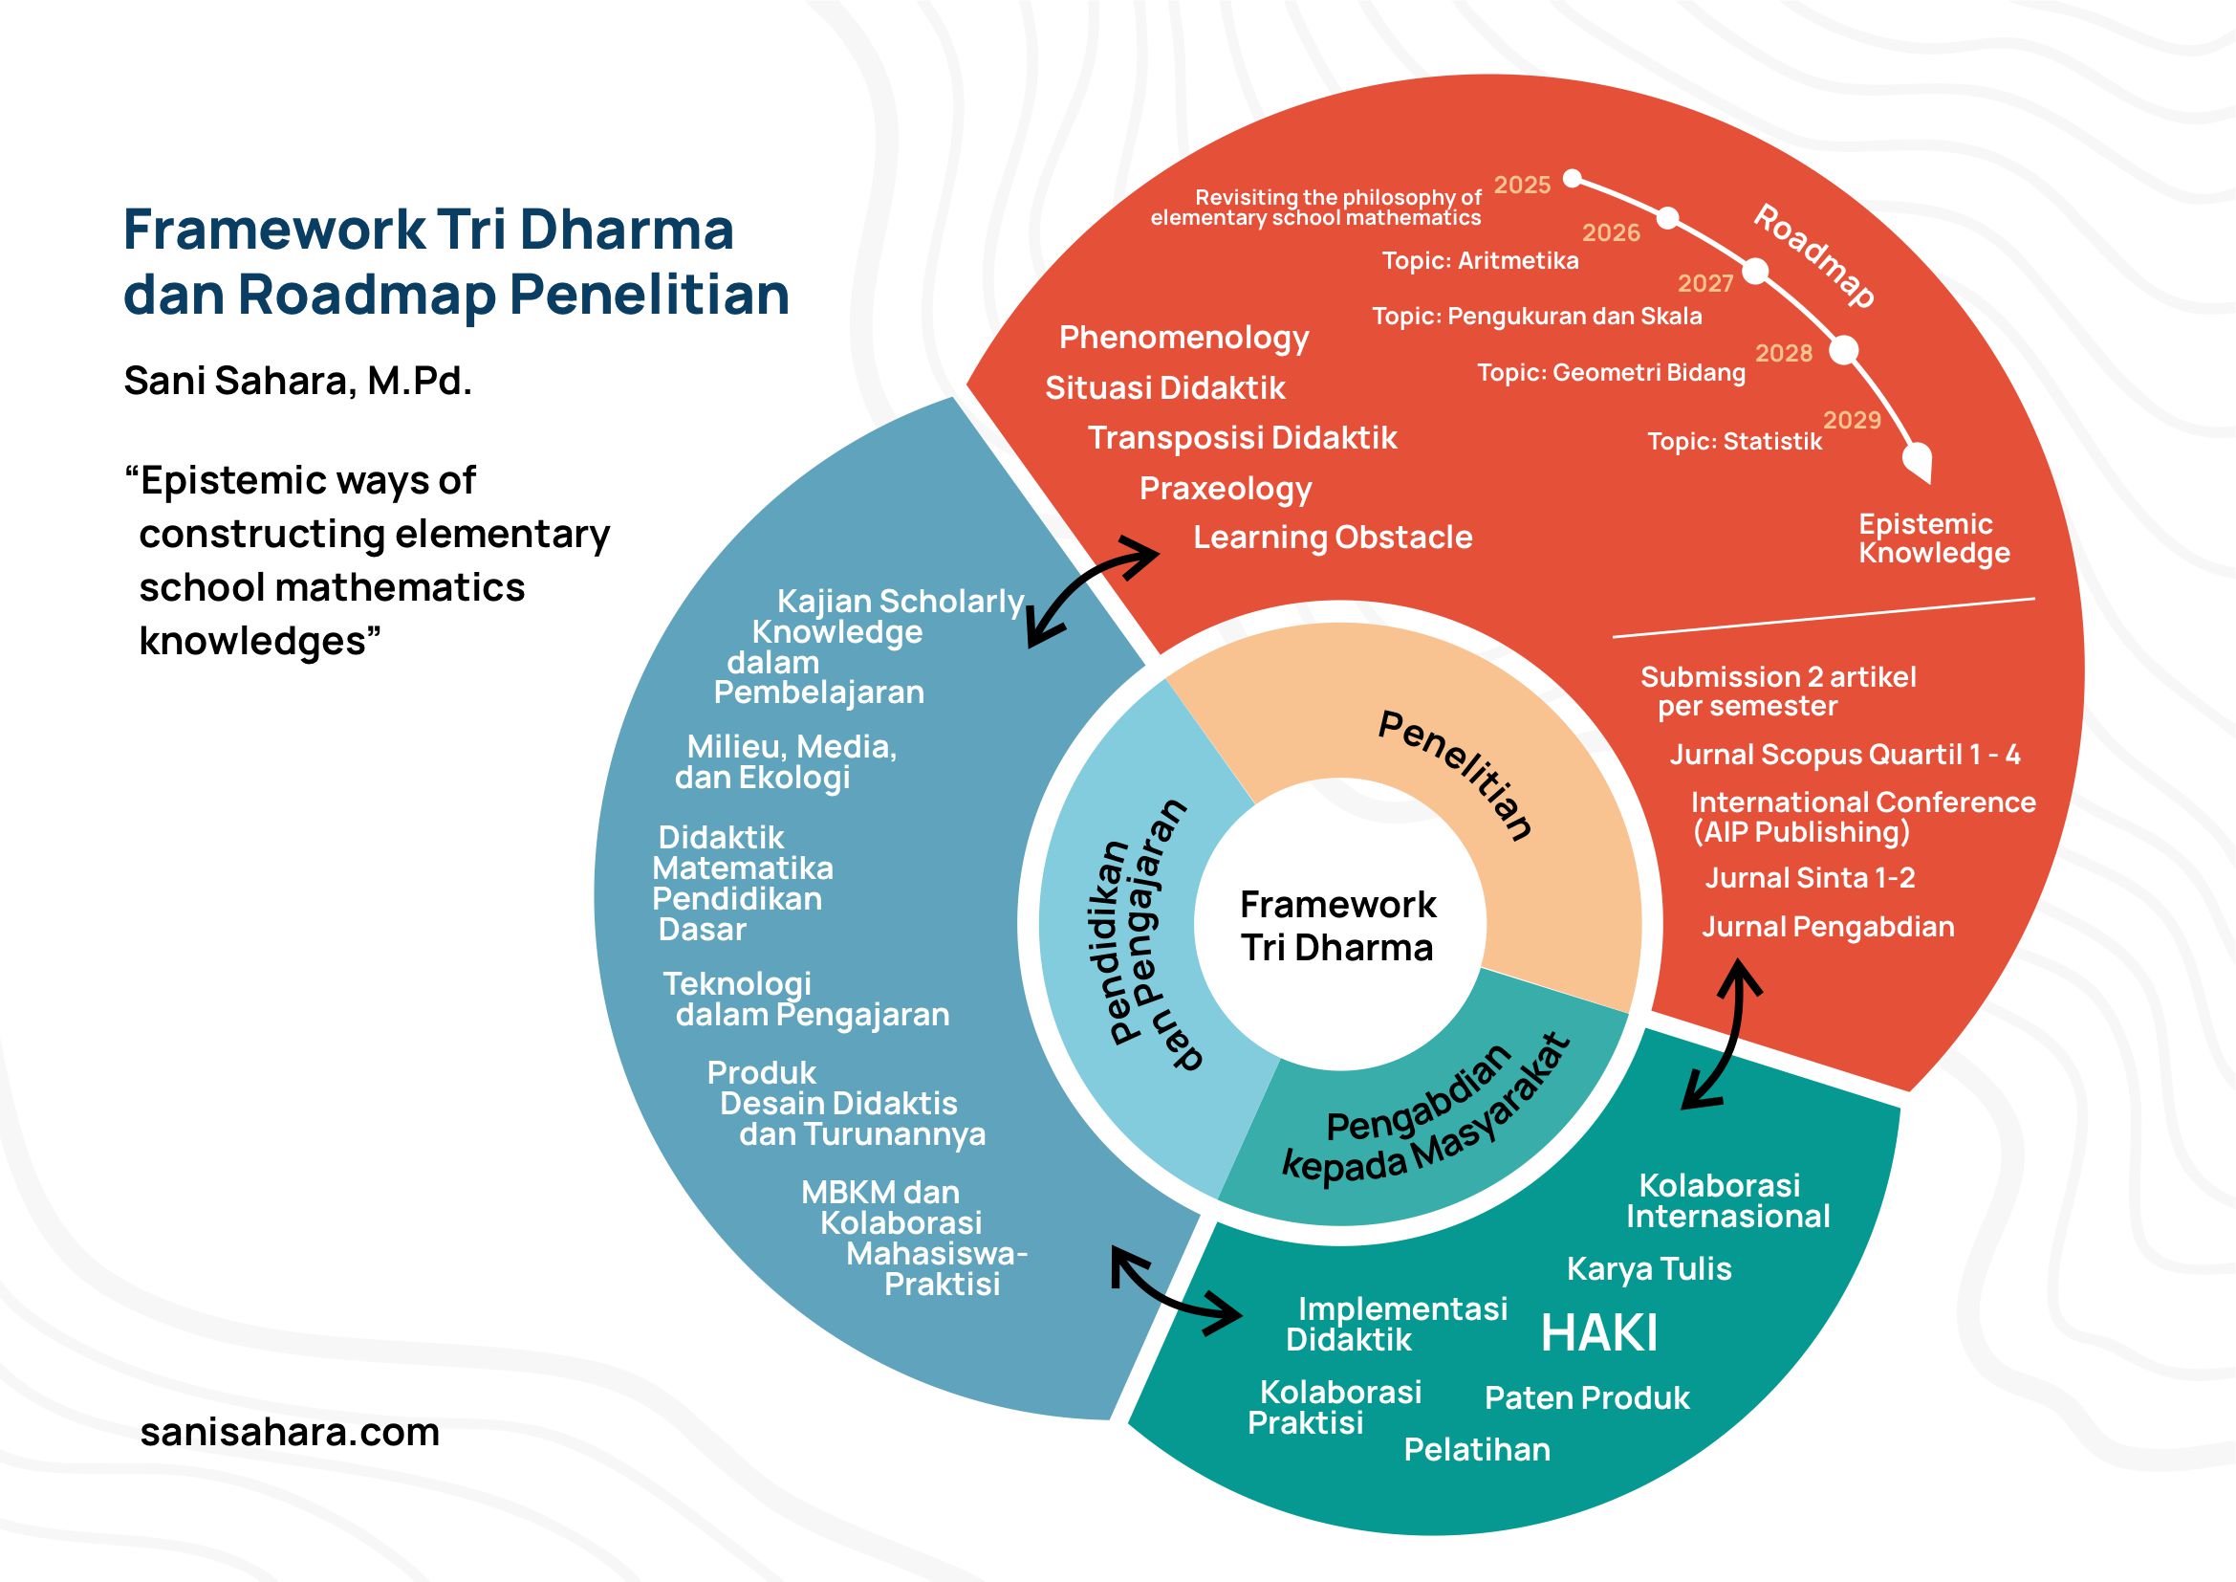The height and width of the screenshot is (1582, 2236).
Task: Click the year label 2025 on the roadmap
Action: click(x=1522, y=186)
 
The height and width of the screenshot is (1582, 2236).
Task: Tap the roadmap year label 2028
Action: click(x=1783, y=353)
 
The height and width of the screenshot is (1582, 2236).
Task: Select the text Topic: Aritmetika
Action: click(x=1479, y=261)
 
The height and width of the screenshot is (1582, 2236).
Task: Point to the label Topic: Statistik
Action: click(x=1733, y=441)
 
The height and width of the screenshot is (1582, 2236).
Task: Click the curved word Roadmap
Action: click(x=1814, y=255)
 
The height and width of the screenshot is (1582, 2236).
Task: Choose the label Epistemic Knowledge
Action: click(x=1933, y=538)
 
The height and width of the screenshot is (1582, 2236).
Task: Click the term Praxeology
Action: click(x=1226, y=488)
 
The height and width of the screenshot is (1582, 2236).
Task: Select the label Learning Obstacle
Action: click(x=1333, y=537)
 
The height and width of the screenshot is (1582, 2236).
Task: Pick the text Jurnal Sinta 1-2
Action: click(x=1810, y=878)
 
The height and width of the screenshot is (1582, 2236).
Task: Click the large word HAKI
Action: click(x=1598, y=1332)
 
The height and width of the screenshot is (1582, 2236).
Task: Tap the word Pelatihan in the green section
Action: click(x=1476, y=1449)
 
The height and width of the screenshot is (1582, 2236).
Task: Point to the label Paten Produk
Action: click(x=1587, y=1398)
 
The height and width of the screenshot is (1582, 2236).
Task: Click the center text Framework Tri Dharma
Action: click(x=1337, y=926)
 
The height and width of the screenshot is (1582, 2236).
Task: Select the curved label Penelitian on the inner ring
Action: click(x=1456, y=776)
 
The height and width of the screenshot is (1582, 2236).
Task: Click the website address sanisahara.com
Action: click(x=290, y=1432)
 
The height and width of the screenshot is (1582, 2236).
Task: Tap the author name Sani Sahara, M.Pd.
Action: click(x=297, y=381)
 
